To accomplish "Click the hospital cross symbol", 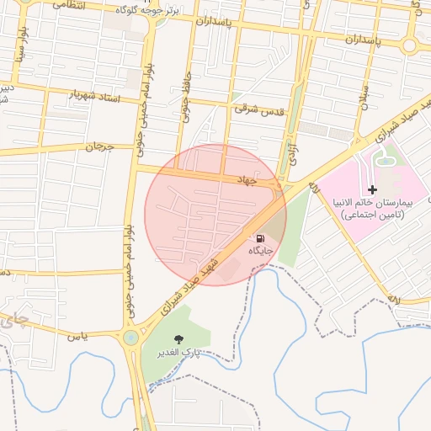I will point(372,191).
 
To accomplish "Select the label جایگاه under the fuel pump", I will point(259,252).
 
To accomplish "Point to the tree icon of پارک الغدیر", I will point(177,338).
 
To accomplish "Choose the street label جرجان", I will point(99,146).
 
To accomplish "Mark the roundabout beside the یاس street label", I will point(130,338).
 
